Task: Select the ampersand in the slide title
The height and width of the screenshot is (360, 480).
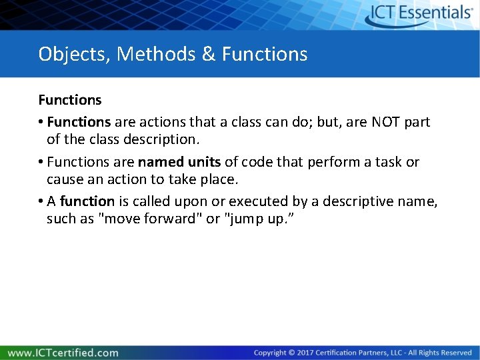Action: coord(209,54)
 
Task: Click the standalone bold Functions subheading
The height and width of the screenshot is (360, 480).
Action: coord(70,100)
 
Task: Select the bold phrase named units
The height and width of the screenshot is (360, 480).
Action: coord(179,162)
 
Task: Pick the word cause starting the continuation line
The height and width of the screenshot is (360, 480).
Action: coord(65,180)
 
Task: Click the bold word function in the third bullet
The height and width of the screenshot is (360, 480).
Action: coord(87,201)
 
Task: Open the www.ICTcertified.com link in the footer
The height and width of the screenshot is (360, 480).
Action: coord(63,353)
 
